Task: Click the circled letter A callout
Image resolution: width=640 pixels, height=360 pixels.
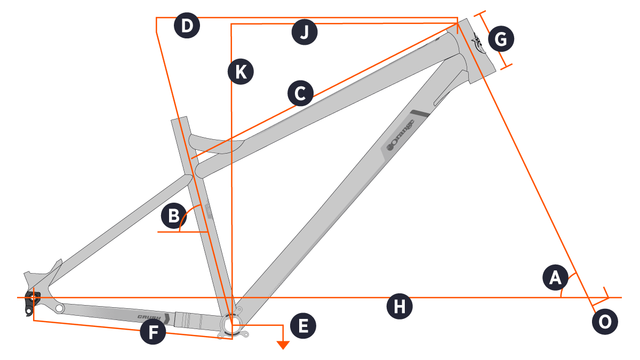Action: pos(555,277)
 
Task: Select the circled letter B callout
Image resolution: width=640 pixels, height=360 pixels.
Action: pos(174,215)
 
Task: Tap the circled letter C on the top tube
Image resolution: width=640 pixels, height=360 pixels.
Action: pos(301,93)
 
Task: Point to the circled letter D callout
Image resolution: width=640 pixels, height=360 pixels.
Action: pos(187,26)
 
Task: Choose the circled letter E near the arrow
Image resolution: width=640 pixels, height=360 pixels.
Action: pos(303,326)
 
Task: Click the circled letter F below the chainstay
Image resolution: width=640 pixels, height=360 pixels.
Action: pos(153,332)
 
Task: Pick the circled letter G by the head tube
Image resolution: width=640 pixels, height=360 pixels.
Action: pos(501,39)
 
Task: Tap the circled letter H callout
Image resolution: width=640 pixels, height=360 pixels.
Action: pos(399,307)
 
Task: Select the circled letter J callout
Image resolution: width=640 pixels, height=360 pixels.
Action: pos(305,32)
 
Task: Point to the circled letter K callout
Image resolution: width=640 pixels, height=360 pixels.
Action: pos(241,71)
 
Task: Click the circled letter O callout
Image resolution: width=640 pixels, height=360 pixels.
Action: pos(605,322)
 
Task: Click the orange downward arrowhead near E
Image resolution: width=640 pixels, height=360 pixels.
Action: pos(283,345)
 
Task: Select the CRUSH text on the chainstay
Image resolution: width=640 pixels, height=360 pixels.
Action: pos(149,317)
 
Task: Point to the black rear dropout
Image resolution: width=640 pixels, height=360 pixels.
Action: pos(31,302)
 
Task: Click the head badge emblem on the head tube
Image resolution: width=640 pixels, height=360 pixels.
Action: pos(478,43)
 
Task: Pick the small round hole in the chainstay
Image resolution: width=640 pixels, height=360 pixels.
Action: pos(59,308)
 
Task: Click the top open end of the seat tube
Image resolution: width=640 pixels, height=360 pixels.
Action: pos(179,118)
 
